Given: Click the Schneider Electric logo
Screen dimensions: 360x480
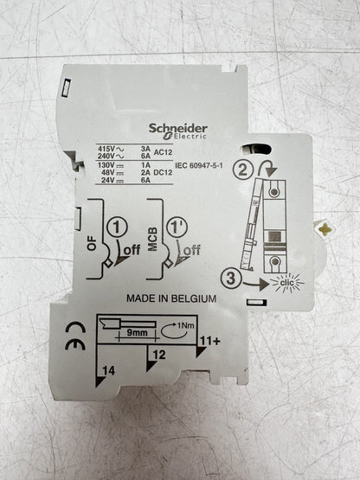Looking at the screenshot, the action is (178, 132).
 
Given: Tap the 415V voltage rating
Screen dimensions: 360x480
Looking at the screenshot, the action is (106, 149).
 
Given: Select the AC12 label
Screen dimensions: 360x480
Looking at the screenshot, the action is (163, 152).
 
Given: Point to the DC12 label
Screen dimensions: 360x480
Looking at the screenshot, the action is (163, 173).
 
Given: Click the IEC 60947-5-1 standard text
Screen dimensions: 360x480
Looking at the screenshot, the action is (199, 165).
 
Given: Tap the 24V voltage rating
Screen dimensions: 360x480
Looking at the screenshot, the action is (108, 180).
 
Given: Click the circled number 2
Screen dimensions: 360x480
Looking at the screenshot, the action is (243, 170).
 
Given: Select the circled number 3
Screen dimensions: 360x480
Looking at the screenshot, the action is (231, 278).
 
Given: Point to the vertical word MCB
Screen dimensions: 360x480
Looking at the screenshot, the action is (152, 240).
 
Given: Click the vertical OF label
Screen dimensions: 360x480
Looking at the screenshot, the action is (92, 244).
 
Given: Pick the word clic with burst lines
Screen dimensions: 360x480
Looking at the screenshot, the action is (287, 282).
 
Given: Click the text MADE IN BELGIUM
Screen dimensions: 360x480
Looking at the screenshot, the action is (171, 298).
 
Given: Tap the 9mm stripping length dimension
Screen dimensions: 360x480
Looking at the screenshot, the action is (137, 333).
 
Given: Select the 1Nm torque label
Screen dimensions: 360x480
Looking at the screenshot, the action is (186, 325).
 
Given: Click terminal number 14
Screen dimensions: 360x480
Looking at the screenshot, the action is (108, 371).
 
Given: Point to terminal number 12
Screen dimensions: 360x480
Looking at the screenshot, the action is (158, 355).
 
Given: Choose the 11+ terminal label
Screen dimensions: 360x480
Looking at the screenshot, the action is (210, 341).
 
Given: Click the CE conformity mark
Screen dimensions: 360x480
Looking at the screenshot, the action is (75, 336).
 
